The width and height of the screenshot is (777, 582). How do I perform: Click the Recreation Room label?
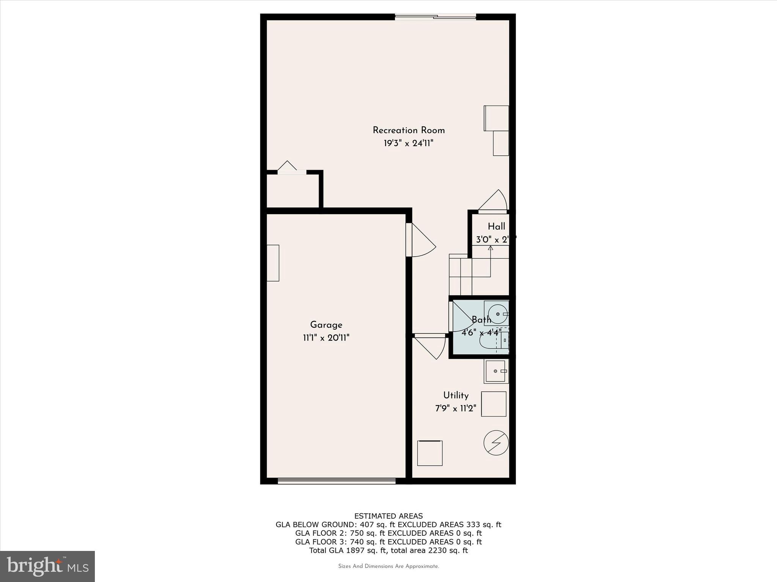(x=409, y=130)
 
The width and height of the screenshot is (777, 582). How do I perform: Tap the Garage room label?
(x=326, y=325)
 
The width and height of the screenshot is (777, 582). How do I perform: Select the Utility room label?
(x=456, y=395)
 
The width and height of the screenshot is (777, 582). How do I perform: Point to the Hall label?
(x=496, y=226)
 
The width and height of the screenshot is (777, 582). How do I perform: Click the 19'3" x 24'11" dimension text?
(x=409, y=144)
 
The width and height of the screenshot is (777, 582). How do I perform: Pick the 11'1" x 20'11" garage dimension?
(x=326, y=338)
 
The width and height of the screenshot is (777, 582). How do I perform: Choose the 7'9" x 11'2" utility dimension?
(x=456, y=408)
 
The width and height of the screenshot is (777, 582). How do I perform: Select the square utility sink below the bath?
(x=496, y=371)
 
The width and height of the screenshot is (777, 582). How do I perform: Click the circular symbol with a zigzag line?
(x=496, y=442)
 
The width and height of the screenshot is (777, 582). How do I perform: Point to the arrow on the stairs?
(x=490, y=248)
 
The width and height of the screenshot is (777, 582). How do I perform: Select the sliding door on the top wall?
(x=435, y=16)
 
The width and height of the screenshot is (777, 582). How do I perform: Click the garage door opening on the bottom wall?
(x=337, y=481)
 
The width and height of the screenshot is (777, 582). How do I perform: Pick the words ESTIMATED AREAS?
(x=388, y=516)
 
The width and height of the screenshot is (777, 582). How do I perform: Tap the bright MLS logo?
(x=47, y=566)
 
